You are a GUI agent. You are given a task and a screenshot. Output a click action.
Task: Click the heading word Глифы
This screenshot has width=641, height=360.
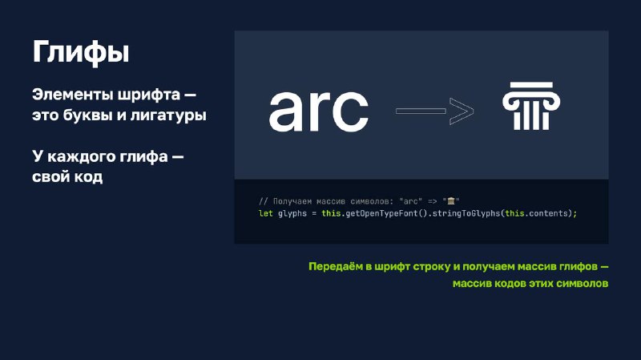pos(81,52)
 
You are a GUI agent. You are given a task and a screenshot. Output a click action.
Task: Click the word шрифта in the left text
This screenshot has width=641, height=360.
pos(149,95)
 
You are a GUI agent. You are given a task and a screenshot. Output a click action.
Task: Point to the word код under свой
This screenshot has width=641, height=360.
pos(88,176)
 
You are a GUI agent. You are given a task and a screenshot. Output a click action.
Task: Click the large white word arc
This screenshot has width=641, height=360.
pos(318,111)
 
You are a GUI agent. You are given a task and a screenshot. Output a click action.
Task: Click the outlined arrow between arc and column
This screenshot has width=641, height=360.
pos(434,111)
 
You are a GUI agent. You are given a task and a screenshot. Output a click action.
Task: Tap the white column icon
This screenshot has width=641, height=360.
pos(531,106)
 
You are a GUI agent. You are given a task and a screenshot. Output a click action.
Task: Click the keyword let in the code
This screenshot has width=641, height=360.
pos(266,213)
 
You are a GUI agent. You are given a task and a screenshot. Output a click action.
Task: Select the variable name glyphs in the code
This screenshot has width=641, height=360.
pos(292,213)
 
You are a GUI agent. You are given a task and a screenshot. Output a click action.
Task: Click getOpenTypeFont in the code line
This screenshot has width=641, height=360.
pos(382,213)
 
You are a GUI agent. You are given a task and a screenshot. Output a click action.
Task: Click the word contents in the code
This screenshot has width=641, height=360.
pos(548,213)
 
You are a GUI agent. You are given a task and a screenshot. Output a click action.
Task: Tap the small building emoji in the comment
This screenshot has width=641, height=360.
pos(451,201)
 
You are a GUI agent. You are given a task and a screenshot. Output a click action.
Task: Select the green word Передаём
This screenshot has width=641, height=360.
pos(335,267)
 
